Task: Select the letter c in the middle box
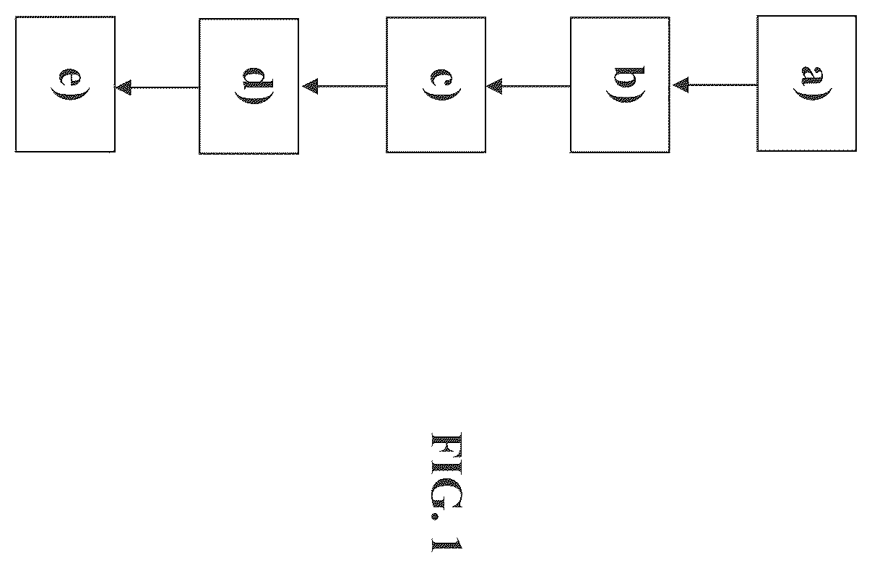pos(441,78)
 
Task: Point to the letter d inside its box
pos(258,78)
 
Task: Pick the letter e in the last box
pos(70,77)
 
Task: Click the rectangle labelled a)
pos(806,83)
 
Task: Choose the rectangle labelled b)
pos(620,85)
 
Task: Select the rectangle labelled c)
pos(436,85)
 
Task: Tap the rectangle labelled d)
pos(249,86)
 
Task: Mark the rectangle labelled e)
pos(65,84)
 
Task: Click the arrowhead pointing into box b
pos(681,85)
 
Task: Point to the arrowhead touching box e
pos(124,87)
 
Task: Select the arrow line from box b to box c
pos(528,86)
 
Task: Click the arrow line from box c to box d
pos(344,86)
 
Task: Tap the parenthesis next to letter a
pos(813,95)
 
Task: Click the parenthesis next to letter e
pos(70,95)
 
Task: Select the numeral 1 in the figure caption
pos(446,545)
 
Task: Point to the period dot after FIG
pos(435,517)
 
